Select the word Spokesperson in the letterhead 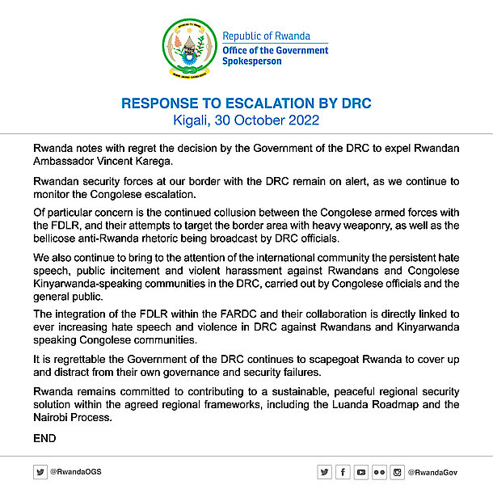tap(252, 61)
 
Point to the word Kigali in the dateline tap(192, 120)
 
